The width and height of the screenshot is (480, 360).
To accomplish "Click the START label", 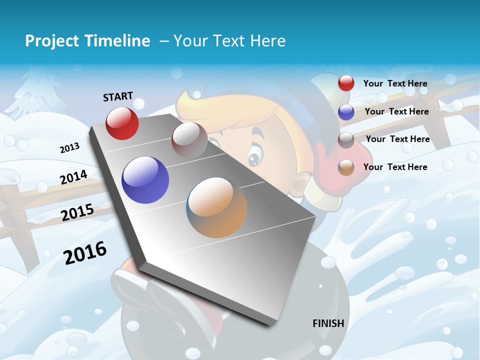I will point(118,96).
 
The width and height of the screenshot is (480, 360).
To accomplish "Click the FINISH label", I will point(328,323).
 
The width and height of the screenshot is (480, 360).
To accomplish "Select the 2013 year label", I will point(69,148).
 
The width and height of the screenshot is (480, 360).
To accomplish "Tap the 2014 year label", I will point(73,177).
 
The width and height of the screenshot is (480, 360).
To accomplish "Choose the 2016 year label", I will point(85,253).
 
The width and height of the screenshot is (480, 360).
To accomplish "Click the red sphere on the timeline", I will point(122,123).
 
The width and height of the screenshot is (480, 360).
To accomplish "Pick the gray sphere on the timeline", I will point(189,140).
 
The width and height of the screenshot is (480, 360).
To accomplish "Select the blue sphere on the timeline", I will point(145,180).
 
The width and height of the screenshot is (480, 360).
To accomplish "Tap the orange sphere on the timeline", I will point(216,207).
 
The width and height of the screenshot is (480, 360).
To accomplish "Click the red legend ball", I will point(346,83).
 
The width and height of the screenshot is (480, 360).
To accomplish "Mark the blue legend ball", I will point(346,112).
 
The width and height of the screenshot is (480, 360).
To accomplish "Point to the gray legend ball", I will point(346,140).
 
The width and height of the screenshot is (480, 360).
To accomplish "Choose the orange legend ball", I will point(346,167).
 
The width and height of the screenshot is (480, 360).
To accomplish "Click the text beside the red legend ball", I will point(395,83).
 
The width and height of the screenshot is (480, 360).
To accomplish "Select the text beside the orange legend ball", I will point(395,167).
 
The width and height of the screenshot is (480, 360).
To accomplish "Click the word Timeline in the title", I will point(118,41).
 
